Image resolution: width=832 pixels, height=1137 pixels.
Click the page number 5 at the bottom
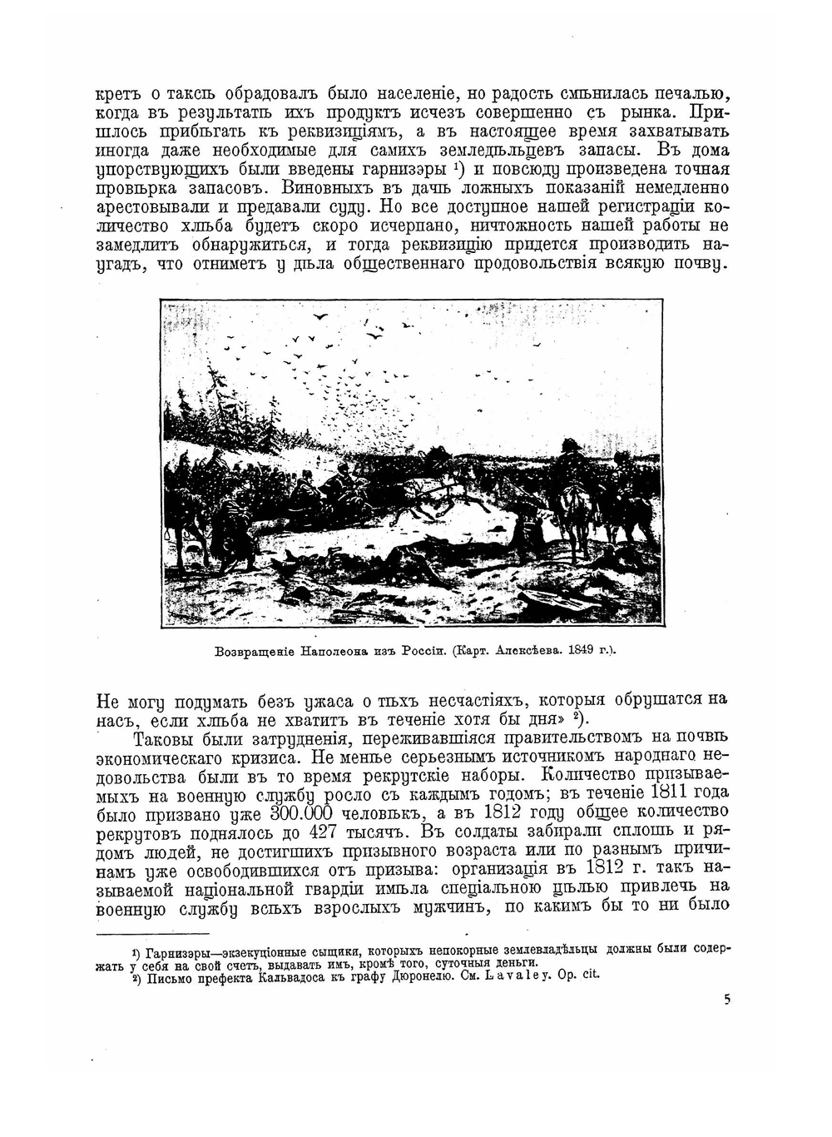click(726, 1000)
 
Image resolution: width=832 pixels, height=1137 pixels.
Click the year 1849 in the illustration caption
click(583, 651)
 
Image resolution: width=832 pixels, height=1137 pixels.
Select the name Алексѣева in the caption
click(530, 651)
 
